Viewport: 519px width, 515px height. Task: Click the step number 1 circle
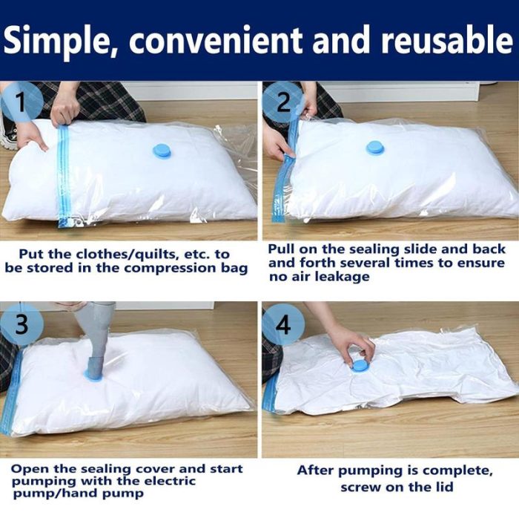pos(22,101)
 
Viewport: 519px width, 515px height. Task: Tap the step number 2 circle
pos(283,102)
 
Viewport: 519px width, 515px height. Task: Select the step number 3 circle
pos(22,324)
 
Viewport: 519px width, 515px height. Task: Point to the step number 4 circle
pos(283,324)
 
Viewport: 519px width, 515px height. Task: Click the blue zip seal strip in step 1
pos(64,176)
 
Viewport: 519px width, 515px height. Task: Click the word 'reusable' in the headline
pos(447,40)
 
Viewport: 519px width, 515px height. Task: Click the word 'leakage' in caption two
pos(342,277)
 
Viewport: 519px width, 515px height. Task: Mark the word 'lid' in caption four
pos(443,487)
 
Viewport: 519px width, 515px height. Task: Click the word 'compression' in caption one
pos(170,269)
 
